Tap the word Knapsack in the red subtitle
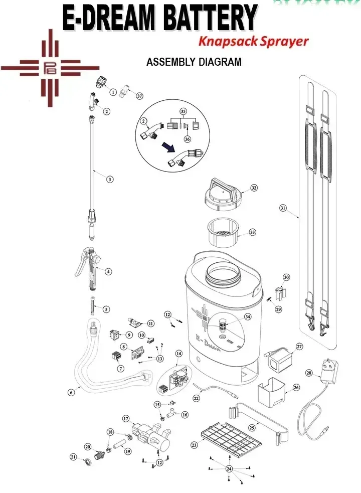222,41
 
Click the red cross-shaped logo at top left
50,68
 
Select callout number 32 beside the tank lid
254,188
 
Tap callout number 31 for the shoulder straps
283,207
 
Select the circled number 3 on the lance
110,179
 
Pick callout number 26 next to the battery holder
296,387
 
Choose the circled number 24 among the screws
229,469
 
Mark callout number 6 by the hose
71,393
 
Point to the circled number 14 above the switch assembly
178,354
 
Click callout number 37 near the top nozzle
139,96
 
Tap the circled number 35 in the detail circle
183,111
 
